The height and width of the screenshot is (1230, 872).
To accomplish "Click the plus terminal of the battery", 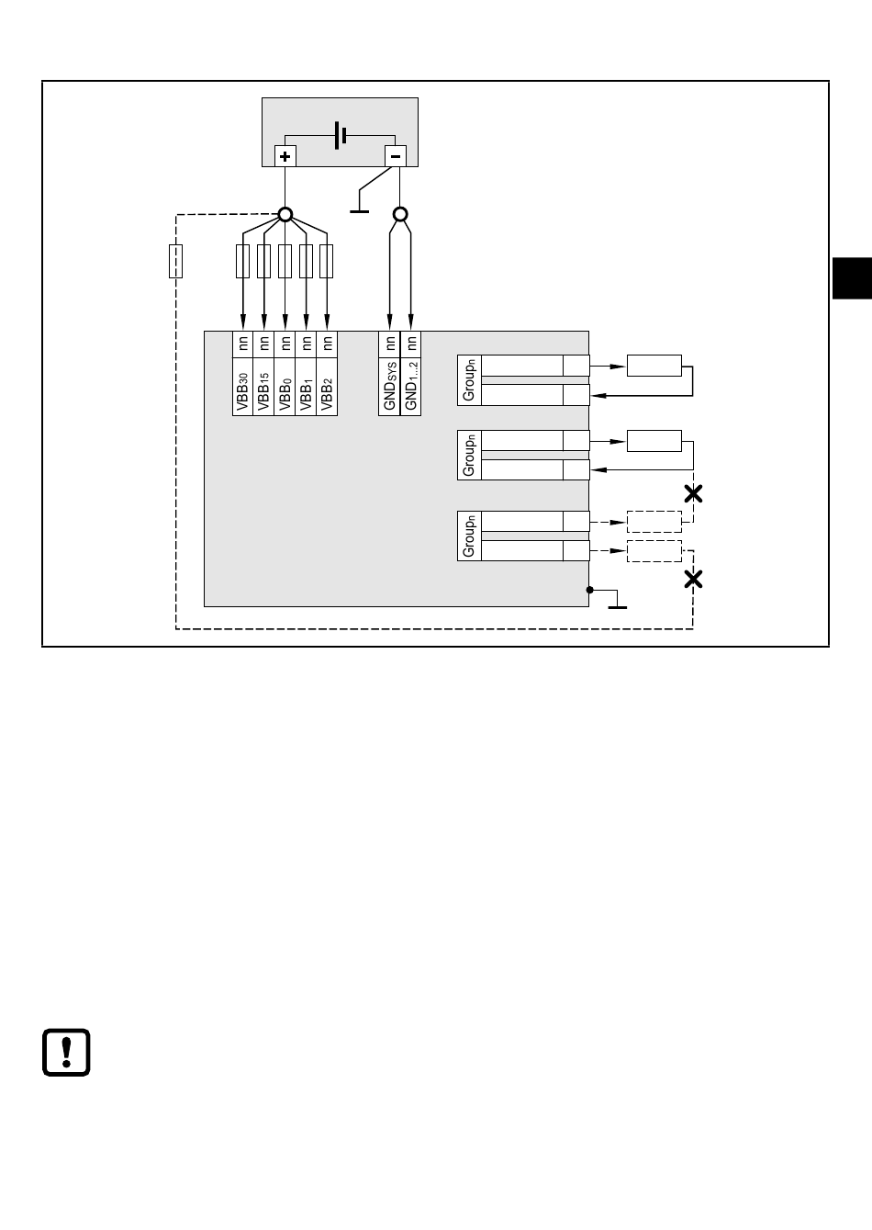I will (x=285, y=156).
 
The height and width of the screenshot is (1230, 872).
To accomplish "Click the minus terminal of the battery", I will (x=396, y=156).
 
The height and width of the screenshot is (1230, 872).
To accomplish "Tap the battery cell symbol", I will (x=341, y=136).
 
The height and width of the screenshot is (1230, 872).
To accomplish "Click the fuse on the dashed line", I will (x=176, y=262).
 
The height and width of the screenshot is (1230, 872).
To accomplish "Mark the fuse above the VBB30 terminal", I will (x=243, y=262).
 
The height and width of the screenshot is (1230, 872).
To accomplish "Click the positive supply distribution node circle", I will (x=285, y=215).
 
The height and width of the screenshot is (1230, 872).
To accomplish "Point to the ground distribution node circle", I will (x=400, y=215).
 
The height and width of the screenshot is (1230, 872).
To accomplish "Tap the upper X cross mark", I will (x=694, y=493).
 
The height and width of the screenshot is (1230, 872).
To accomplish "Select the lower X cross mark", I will (x=694, y=579).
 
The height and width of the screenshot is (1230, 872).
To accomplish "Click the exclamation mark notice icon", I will (x=66, y=1051).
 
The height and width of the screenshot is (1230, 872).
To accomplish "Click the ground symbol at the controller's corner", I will (x=617, y=602).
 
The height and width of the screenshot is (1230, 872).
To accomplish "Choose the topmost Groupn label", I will (x=469, y=379).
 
